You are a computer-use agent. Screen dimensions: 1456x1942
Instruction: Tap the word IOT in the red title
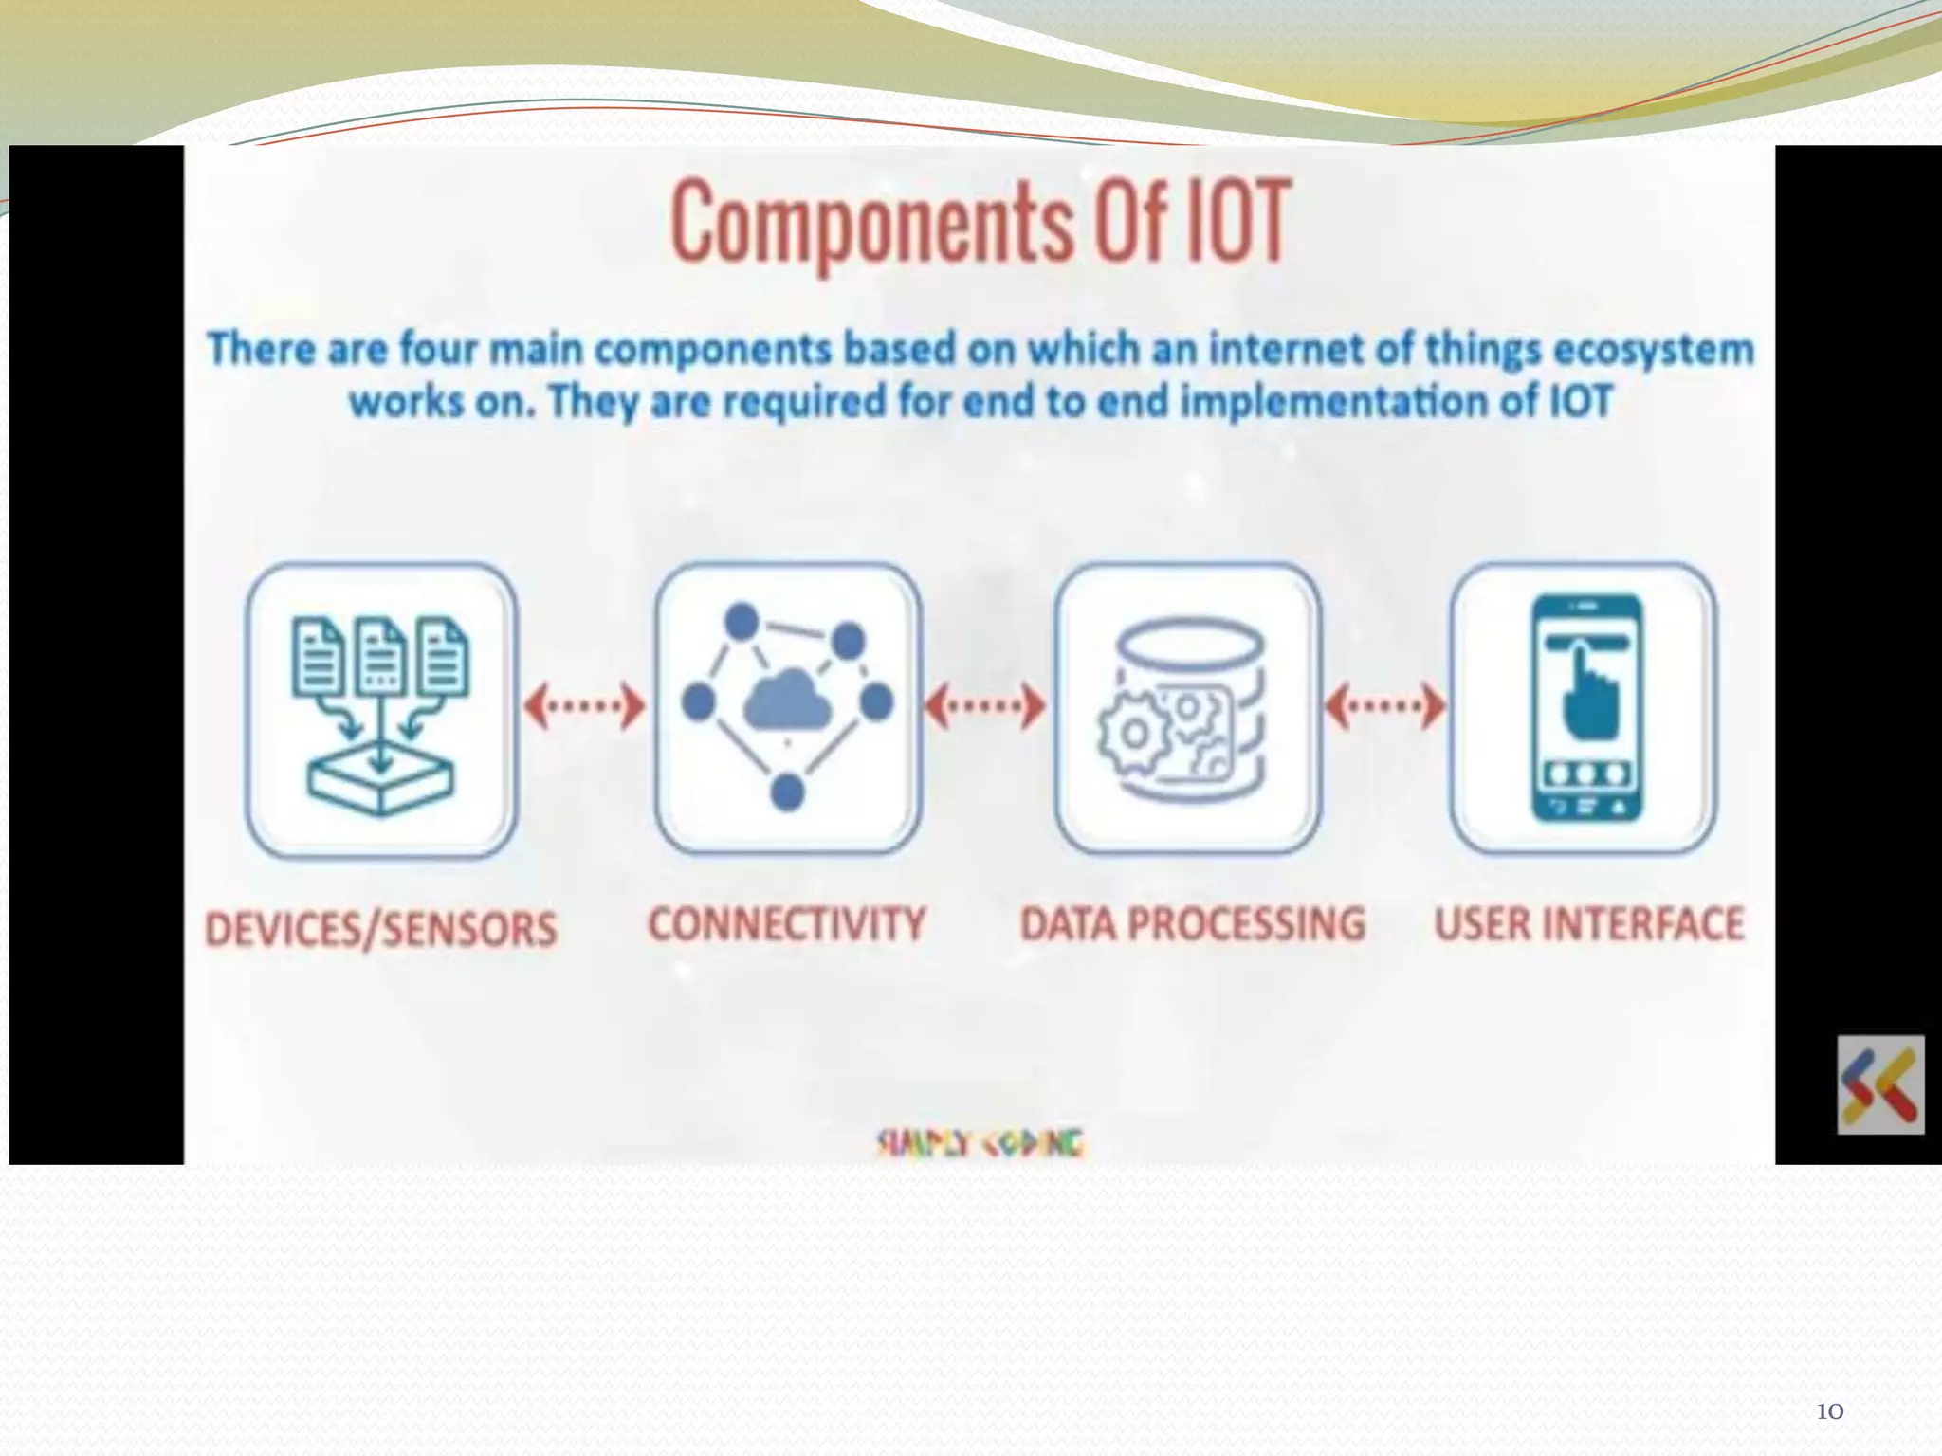1237,223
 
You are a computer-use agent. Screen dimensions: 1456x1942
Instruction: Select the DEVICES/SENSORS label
381,928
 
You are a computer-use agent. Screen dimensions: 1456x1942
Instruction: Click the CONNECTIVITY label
786,923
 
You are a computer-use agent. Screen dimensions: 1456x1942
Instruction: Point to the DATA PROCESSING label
1192,923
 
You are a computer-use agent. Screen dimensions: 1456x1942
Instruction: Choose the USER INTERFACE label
1588,923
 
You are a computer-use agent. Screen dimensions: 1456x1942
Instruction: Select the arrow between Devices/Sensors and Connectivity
584,705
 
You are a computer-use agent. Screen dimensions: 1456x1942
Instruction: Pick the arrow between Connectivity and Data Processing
985,705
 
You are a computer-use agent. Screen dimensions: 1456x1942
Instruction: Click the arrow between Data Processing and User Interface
1384,705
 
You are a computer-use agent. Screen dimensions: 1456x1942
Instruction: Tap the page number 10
1829,1411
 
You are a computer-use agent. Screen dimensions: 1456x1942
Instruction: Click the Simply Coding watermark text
980,1143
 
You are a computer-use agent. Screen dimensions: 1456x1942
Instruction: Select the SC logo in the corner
1879,1085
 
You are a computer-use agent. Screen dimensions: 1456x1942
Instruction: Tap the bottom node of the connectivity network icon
787,792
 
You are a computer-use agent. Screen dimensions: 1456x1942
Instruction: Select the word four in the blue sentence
436,349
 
